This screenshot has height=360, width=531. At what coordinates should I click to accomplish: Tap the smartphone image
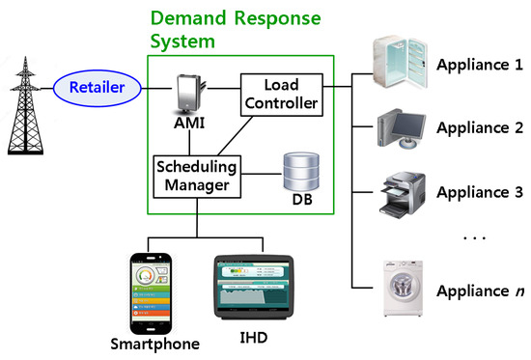coord(154,291)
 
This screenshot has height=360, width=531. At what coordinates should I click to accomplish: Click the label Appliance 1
coord(480,67)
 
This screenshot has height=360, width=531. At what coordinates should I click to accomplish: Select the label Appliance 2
coord(480,127)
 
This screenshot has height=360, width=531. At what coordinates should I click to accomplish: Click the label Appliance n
coord(480,290)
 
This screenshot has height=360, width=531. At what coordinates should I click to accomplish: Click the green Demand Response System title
coord(235,31)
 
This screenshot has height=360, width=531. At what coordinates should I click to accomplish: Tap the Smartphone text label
coord(154,343)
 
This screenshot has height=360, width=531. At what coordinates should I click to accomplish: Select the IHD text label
coord(254,338)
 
